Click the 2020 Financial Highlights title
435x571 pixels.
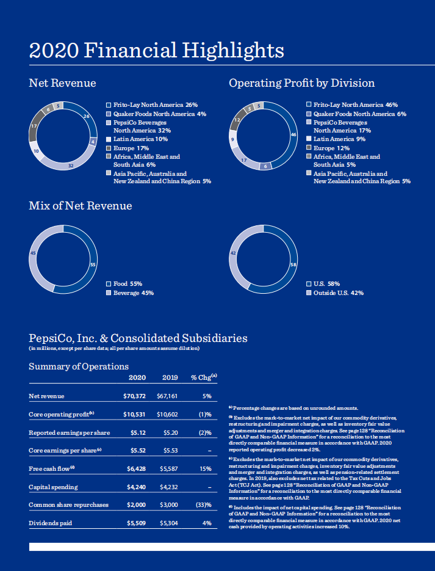pyautogui.click(x=156, y=49)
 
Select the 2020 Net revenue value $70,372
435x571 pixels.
pyautogui.click(x=134, y=396)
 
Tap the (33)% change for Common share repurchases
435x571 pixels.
pyautogui.click(x=203, y=505)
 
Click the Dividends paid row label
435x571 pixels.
pyautogui.click(x=50, y=523)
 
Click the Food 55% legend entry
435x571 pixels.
pyautogui.click(x=128, y=284)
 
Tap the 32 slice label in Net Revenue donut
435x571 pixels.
pyautogui.click(x=71, y=165)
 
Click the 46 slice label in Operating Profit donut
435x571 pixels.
pyautogui.click(x=293, y=134)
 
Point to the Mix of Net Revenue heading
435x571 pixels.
pyautogui.click(x=81, y=206)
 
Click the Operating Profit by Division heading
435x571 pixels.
pyautogui.click(x=301, y=83)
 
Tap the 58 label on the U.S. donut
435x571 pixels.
pyautogui.click(x=293, y=264)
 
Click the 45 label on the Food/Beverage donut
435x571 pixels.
pyautogui.click(x=33, y=253)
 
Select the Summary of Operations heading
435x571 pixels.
pyautogui.click(x=79, y=366)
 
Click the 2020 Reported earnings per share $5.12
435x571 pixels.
pyautogui.click(x=137, y=432)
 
